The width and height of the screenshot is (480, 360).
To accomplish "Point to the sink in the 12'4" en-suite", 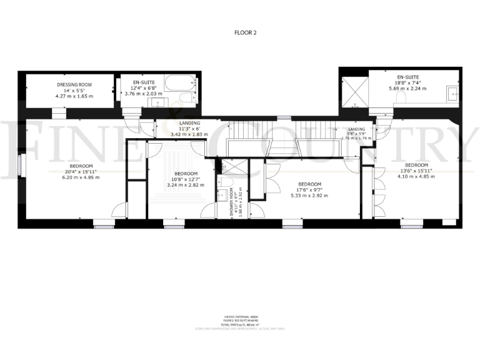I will tap(159, 102).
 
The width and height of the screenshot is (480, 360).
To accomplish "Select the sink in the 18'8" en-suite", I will tap(453, 94).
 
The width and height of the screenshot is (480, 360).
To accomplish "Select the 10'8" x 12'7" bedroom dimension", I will tap(186, 179).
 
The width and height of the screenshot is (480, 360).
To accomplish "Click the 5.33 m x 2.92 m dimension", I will tap(309, 196).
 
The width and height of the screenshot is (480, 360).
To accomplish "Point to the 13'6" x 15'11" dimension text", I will tap(416, 171).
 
